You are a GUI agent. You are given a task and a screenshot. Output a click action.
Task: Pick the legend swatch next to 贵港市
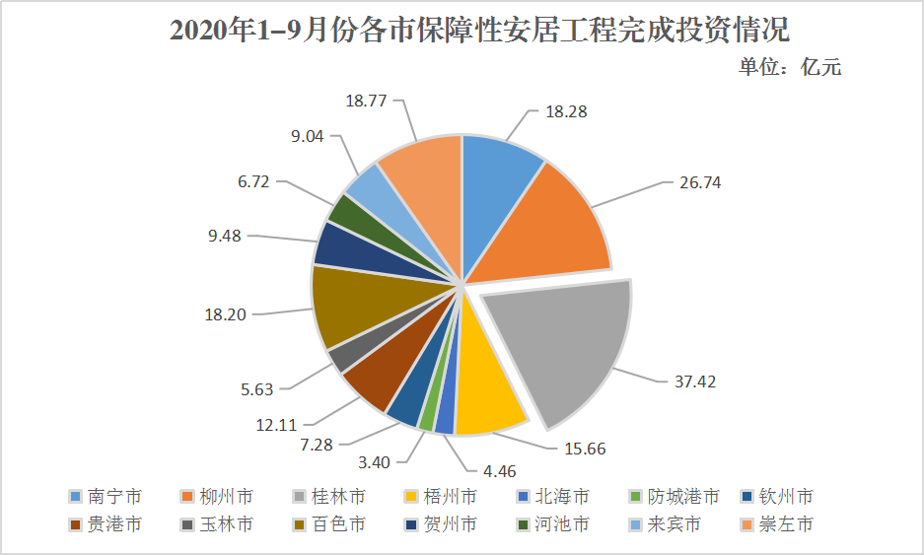pyautogui.click(x=74, y=524)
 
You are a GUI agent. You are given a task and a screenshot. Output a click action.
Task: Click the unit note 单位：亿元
pyautogui.click(x=790, y=67)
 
